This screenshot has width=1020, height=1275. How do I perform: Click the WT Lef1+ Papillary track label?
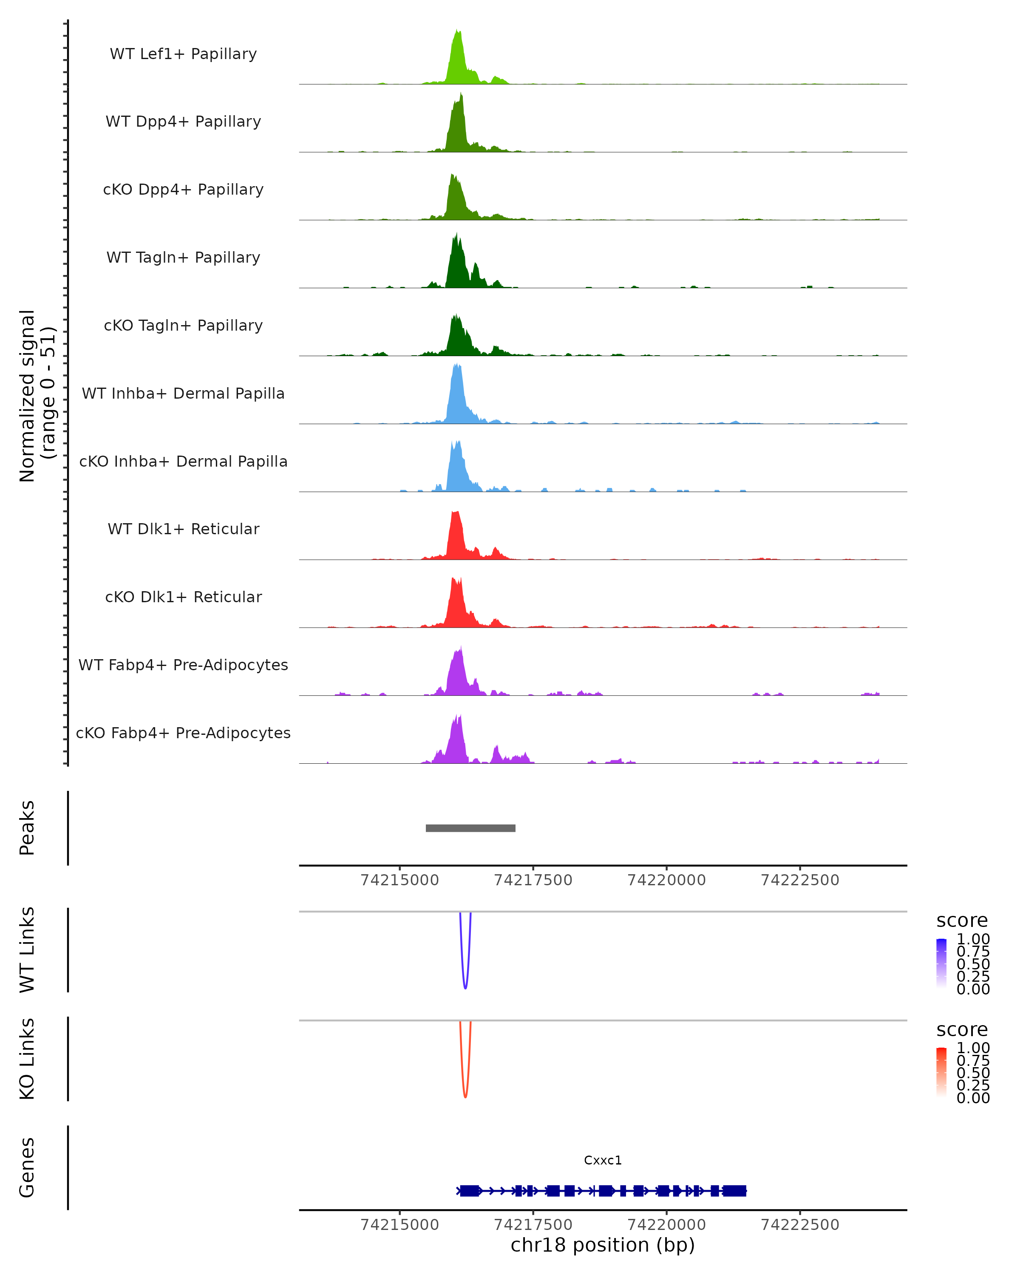pyautogui.click(x=183, y=54)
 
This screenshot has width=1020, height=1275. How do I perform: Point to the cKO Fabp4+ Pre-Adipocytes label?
pyautogui.click(x=183, y=733)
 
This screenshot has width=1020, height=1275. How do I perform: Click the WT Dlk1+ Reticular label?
pyautogui.click(x=183, y=529)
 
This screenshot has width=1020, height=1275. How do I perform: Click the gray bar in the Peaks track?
pyautogui.click(x=470, y=828)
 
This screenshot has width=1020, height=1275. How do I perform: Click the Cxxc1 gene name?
pyautogui.click(x=603, y=1160)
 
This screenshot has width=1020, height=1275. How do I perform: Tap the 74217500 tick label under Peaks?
pyautogui.click(x=533, y=881)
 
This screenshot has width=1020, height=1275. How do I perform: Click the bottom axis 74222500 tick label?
pyautogui.click(x=799, y=1225)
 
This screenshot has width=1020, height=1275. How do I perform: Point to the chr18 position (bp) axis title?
pyautogui.click(x=603, y=1245)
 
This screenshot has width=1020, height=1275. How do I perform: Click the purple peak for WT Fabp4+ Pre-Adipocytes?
pyautogui.click(x=458, y=674)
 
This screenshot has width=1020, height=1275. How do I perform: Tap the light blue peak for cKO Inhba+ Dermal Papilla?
pyautogui.click(x=456, y=470)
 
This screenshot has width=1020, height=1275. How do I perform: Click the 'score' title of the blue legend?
pyautogui.click(x=962, y=921)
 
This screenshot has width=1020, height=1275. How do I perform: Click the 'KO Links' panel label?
pyautogui.click(x=27, y=1059)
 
